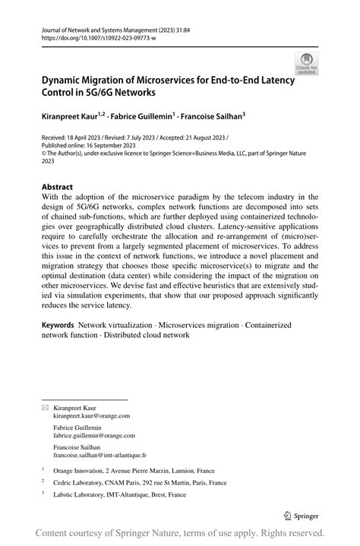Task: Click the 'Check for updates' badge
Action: (x=306, y=64)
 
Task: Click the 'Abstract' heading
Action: (x=57, y=187)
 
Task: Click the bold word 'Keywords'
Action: (x=58, y=324)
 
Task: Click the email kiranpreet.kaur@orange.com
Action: (x=91, y=416)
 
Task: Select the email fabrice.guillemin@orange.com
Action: (x=94, y=436)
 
